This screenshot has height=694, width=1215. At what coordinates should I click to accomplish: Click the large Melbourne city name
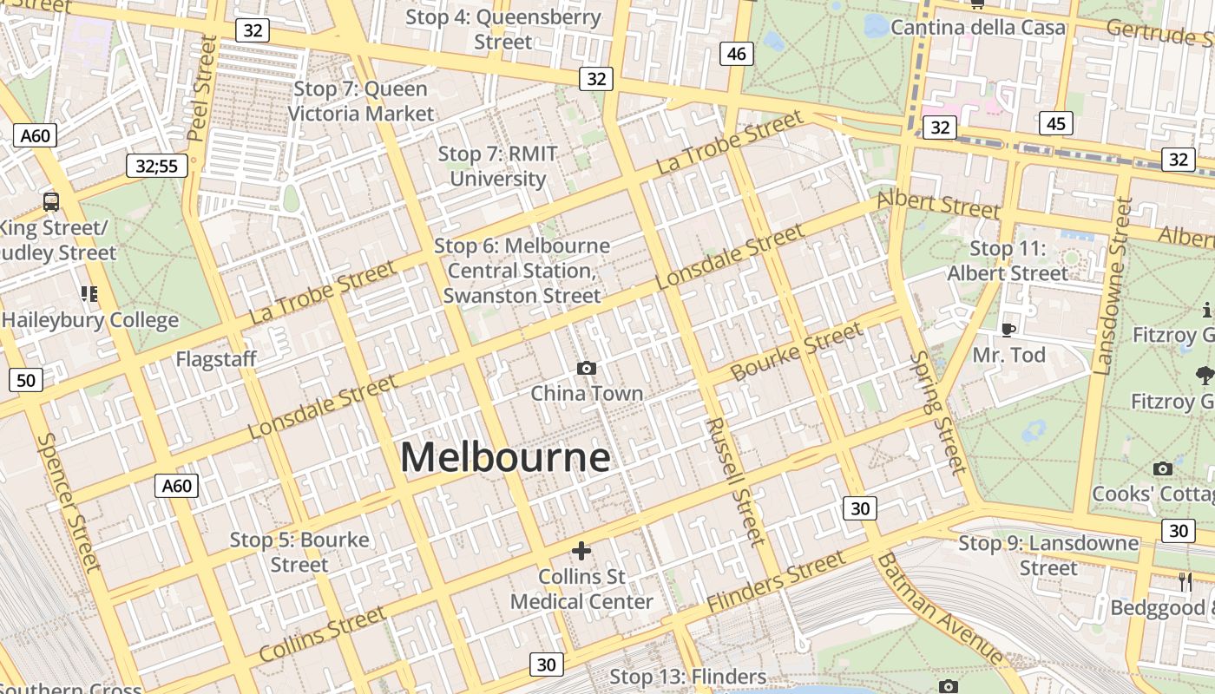[505, 457]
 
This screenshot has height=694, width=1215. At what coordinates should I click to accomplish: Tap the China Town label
[587, 393]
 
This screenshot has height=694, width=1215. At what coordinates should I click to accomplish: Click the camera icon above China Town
[587, 369]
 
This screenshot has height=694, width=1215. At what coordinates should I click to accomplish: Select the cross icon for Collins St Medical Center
[581, 551]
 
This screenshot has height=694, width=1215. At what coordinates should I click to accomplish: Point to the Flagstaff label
[216, 359]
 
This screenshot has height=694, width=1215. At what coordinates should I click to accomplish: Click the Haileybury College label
[90, 319]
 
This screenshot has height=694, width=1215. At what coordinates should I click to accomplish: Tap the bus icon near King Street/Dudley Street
[51, 202]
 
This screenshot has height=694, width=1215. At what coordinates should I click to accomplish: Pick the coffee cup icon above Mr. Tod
[1008, 330]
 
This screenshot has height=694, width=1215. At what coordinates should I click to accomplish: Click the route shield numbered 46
[736, 54]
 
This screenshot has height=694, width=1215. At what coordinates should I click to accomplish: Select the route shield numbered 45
[1055, 123]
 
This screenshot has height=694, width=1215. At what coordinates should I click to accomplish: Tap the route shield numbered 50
[26, 380]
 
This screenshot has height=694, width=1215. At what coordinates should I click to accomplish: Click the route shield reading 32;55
[157, 166]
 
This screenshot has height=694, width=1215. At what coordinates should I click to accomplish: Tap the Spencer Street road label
[70, 501]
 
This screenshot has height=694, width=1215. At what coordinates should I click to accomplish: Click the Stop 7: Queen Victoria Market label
[360, 101]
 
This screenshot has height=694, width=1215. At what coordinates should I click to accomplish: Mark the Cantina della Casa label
[977, 27]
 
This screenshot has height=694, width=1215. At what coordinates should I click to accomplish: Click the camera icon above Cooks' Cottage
[1163, 469]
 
